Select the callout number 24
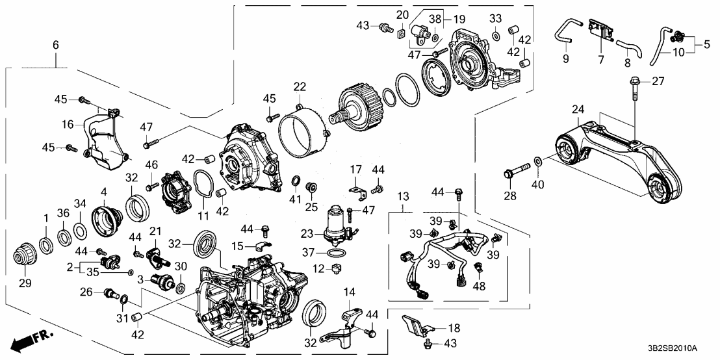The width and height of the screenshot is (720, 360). (578, 109)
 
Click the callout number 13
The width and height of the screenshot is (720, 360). (404, 196)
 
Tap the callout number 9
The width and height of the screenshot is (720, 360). (564, 60)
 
